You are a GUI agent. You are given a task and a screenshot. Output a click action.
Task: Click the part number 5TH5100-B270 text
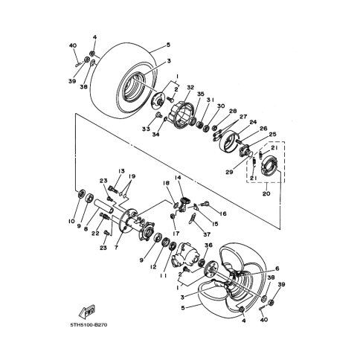[89, 325]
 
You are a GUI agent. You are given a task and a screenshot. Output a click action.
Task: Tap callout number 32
[190, 87]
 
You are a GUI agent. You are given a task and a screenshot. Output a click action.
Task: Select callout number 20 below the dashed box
[266, 193]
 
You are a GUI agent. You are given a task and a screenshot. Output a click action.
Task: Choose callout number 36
[208, 245]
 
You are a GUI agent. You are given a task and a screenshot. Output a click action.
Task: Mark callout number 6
[277, 269]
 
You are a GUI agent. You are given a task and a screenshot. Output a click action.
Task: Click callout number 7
[116, 248]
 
